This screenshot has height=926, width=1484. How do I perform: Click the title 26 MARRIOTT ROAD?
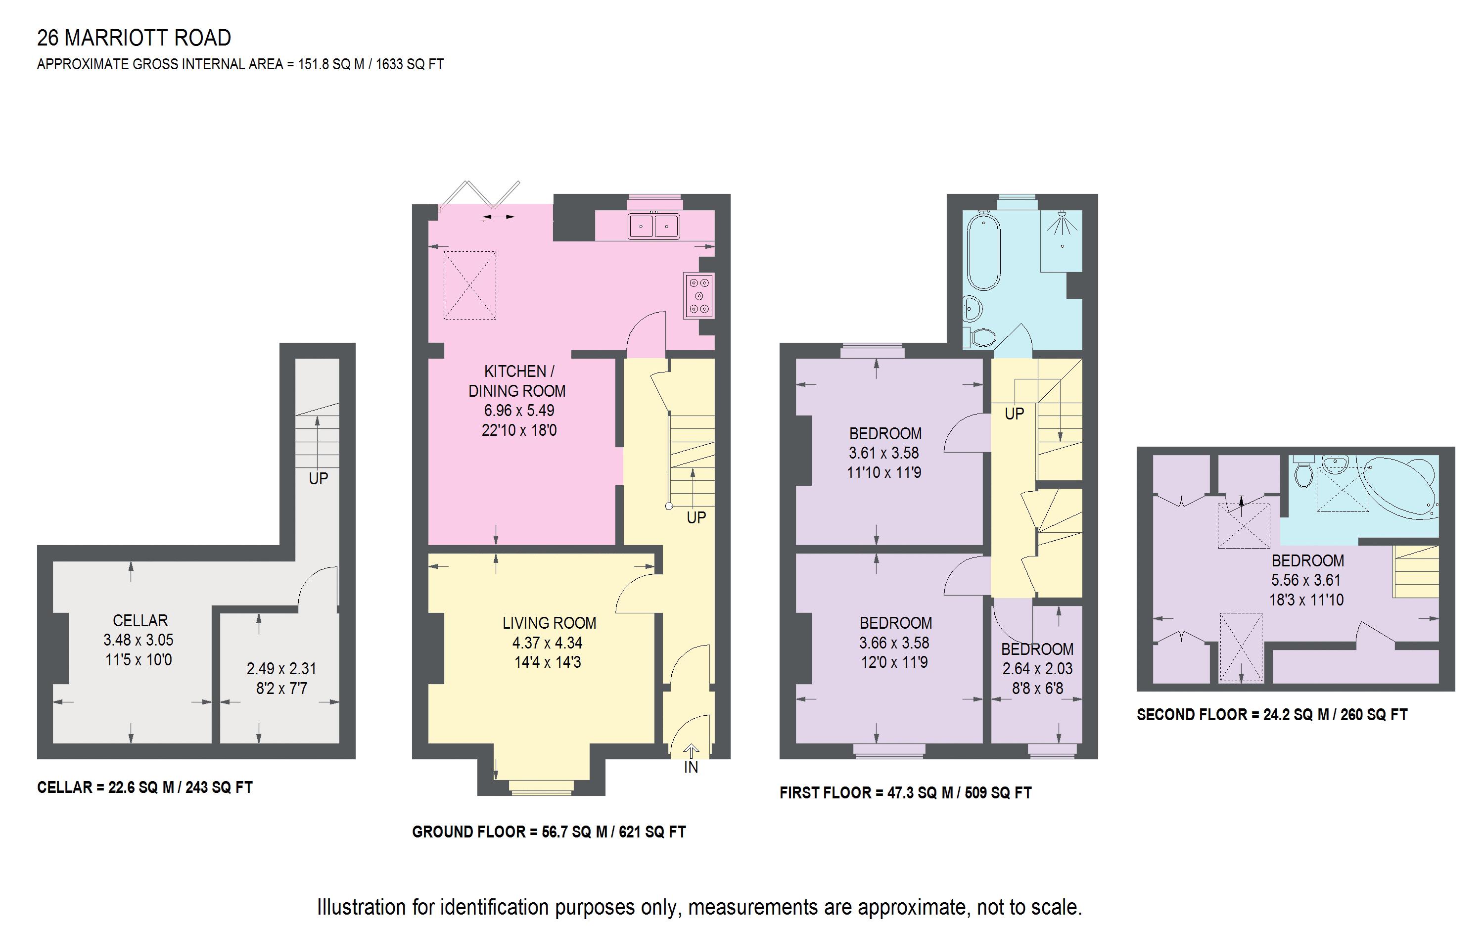coord(134,38)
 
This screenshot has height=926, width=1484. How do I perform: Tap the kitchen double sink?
coord(653,226)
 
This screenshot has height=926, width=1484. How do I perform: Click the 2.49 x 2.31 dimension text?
coord(281,669)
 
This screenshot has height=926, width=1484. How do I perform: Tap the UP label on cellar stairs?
coord(318,478)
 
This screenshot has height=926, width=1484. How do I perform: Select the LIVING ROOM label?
coord(549,623)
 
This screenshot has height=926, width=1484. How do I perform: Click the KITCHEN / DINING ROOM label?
coord(518,381)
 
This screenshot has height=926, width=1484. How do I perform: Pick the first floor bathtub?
coord(983,251)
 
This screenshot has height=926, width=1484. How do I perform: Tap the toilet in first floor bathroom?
coord(980,337)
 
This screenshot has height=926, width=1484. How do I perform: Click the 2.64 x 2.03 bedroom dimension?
coord(1037,669)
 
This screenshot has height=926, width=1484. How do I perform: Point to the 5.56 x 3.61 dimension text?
coord(1306,580)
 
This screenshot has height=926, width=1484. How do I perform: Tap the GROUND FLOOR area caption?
coord(548,832)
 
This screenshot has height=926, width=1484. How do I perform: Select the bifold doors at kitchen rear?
coord(481,196)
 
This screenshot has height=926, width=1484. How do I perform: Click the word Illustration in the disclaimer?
coord(361,907)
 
